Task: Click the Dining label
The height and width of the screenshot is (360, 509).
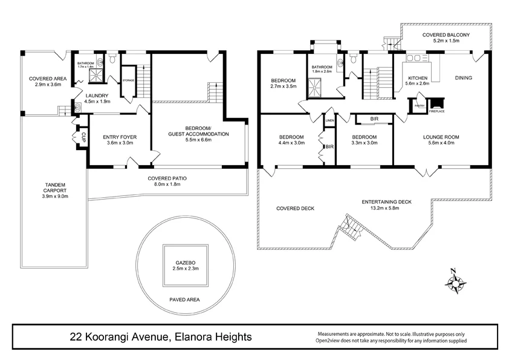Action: tap(464, 78)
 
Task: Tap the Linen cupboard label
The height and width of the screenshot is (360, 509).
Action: tap(329, 121)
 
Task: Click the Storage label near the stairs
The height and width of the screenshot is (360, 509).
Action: tap(128, 80)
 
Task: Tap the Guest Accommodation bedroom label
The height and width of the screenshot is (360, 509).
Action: tap(199, 133)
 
